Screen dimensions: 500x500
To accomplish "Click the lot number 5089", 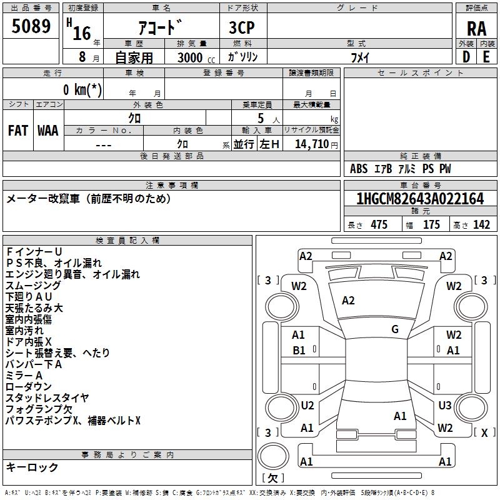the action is click(31, 26).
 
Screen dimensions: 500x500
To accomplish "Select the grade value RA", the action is click(477, 29).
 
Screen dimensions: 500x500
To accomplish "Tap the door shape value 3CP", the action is click(242, 27).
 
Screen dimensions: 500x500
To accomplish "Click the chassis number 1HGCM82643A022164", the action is click(420, 199).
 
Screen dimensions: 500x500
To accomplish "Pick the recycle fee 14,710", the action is click(312, 144).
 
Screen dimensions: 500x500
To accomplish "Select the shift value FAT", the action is click(18, 131).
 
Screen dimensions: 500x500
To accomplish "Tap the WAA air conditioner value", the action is click(48, 131).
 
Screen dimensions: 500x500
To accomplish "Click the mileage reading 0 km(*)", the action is click(82, 89).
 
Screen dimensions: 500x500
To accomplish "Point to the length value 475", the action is click(379, 224).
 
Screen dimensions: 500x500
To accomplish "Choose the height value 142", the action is click(481, 224).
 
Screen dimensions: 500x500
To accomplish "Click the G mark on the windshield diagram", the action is click(395, 329).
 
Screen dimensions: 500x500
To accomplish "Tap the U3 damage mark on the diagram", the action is click(445, 405).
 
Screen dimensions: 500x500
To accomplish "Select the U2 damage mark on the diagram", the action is click(307, 405).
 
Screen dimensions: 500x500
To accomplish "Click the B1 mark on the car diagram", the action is click(299, 351).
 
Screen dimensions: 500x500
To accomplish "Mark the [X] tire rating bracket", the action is click(485, 432).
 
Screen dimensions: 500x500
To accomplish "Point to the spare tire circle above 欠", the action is click(273, 456).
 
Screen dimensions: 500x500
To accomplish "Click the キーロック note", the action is click(32, 467).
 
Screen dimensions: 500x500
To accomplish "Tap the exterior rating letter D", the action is click(466, 57).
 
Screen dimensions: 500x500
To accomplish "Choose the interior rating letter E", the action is click(486, 57).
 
